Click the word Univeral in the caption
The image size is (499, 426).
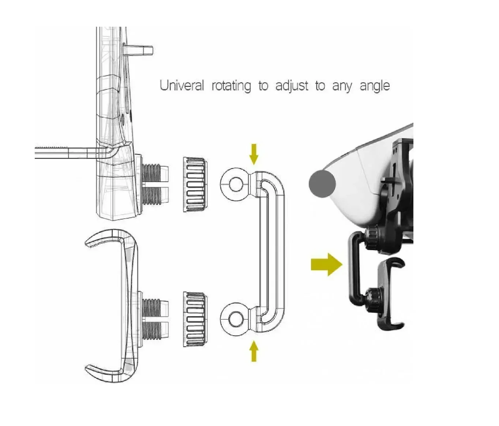click(x=182, y=86)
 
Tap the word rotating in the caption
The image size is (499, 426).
click(x=231, y=86)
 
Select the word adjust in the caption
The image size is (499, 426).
click(x=292, y=86)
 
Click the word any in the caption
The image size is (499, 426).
click(x=342, y=87)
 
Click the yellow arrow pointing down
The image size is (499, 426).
click(x=254, y=154)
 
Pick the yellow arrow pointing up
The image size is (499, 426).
click(x=254, y=351)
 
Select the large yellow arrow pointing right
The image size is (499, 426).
click(x=327, y=265)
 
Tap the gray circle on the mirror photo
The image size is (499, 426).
click(x=322, y=183)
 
